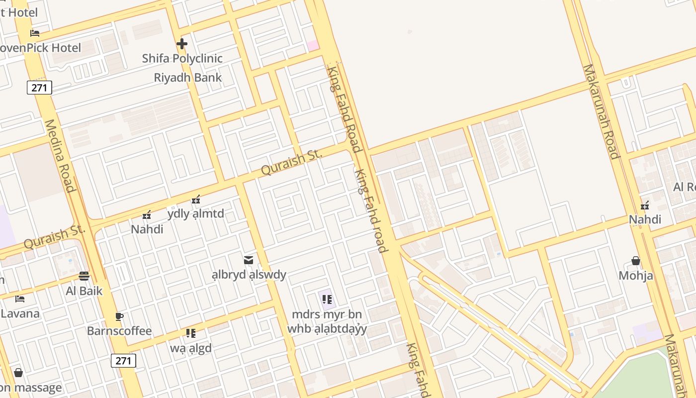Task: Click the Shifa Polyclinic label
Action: click(x=182, y=58)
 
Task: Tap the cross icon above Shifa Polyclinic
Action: click(x=182, y=44)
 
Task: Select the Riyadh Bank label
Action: click(x=187, y=78)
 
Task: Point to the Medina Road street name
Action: click(x=59, y=155)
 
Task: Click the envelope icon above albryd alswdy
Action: click(x=249, y=260)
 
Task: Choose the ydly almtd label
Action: click(x=195, y=214)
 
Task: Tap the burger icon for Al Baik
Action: click(x=84, y=277)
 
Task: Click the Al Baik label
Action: click(x=84, y=291)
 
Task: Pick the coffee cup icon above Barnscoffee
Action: click(x=119, y=316)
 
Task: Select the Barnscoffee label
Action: click(x=119, y=331)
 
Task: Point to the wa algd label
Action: click(x=191, y=348)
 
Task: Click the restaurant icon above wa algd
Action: click(x=191, y=333)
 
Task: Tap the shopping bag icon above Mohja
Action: click(x=636, y=261)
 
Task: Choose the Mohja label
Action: click(x=636, y=276)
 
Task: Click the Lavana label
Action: click(x=20, y=314)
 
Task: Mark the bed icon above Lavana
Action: click(x=20, y=299)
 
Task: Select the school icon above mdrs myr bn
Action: click(x=327, y=299)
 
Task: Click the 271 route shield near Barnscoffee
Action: click(x=123, y=361)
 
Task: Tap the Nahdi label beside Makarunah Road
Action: click(x=645, y=219)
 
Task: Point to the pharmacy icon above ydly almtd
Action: click(x=196, y=200)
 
